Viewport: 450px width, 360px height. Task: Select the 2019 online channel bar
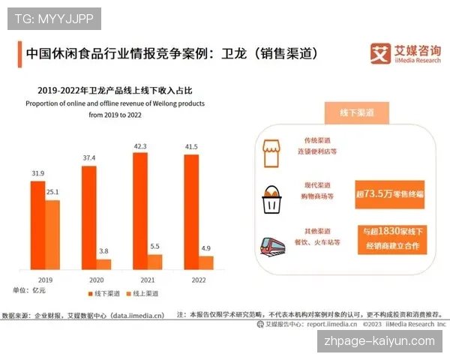[52, 234]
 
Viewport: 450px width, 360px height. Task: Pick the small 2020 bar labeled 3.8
[103, 264]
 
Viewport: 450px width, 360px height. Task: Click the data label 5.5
[154, 246]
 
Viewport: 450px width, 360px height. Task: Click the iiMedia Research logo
[406, 54]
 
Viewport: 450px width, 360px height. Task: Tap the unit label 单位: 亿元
[30, 290]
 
